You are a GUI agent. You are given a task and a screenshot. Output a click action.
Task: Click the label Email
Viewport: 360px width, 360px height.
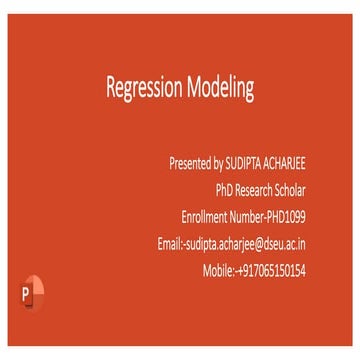coord(170,243)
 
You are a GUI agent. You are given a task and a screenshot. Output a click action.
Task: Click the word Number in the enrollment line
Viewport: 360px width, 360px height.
coord(246,216)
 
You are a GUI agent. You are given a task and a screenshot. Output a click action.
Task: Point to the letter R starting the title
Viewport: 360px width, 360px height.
coord(111,88)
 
